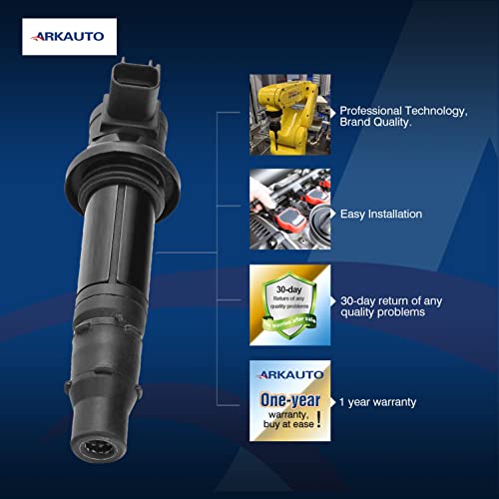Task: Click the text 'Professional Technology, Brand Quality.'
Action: coord(403,118)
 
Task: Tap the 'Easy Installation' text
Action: coord(380,214)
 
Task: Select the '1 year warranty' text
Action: coord(377,402)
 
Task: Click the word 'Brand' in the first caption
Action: coord(360,126)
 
